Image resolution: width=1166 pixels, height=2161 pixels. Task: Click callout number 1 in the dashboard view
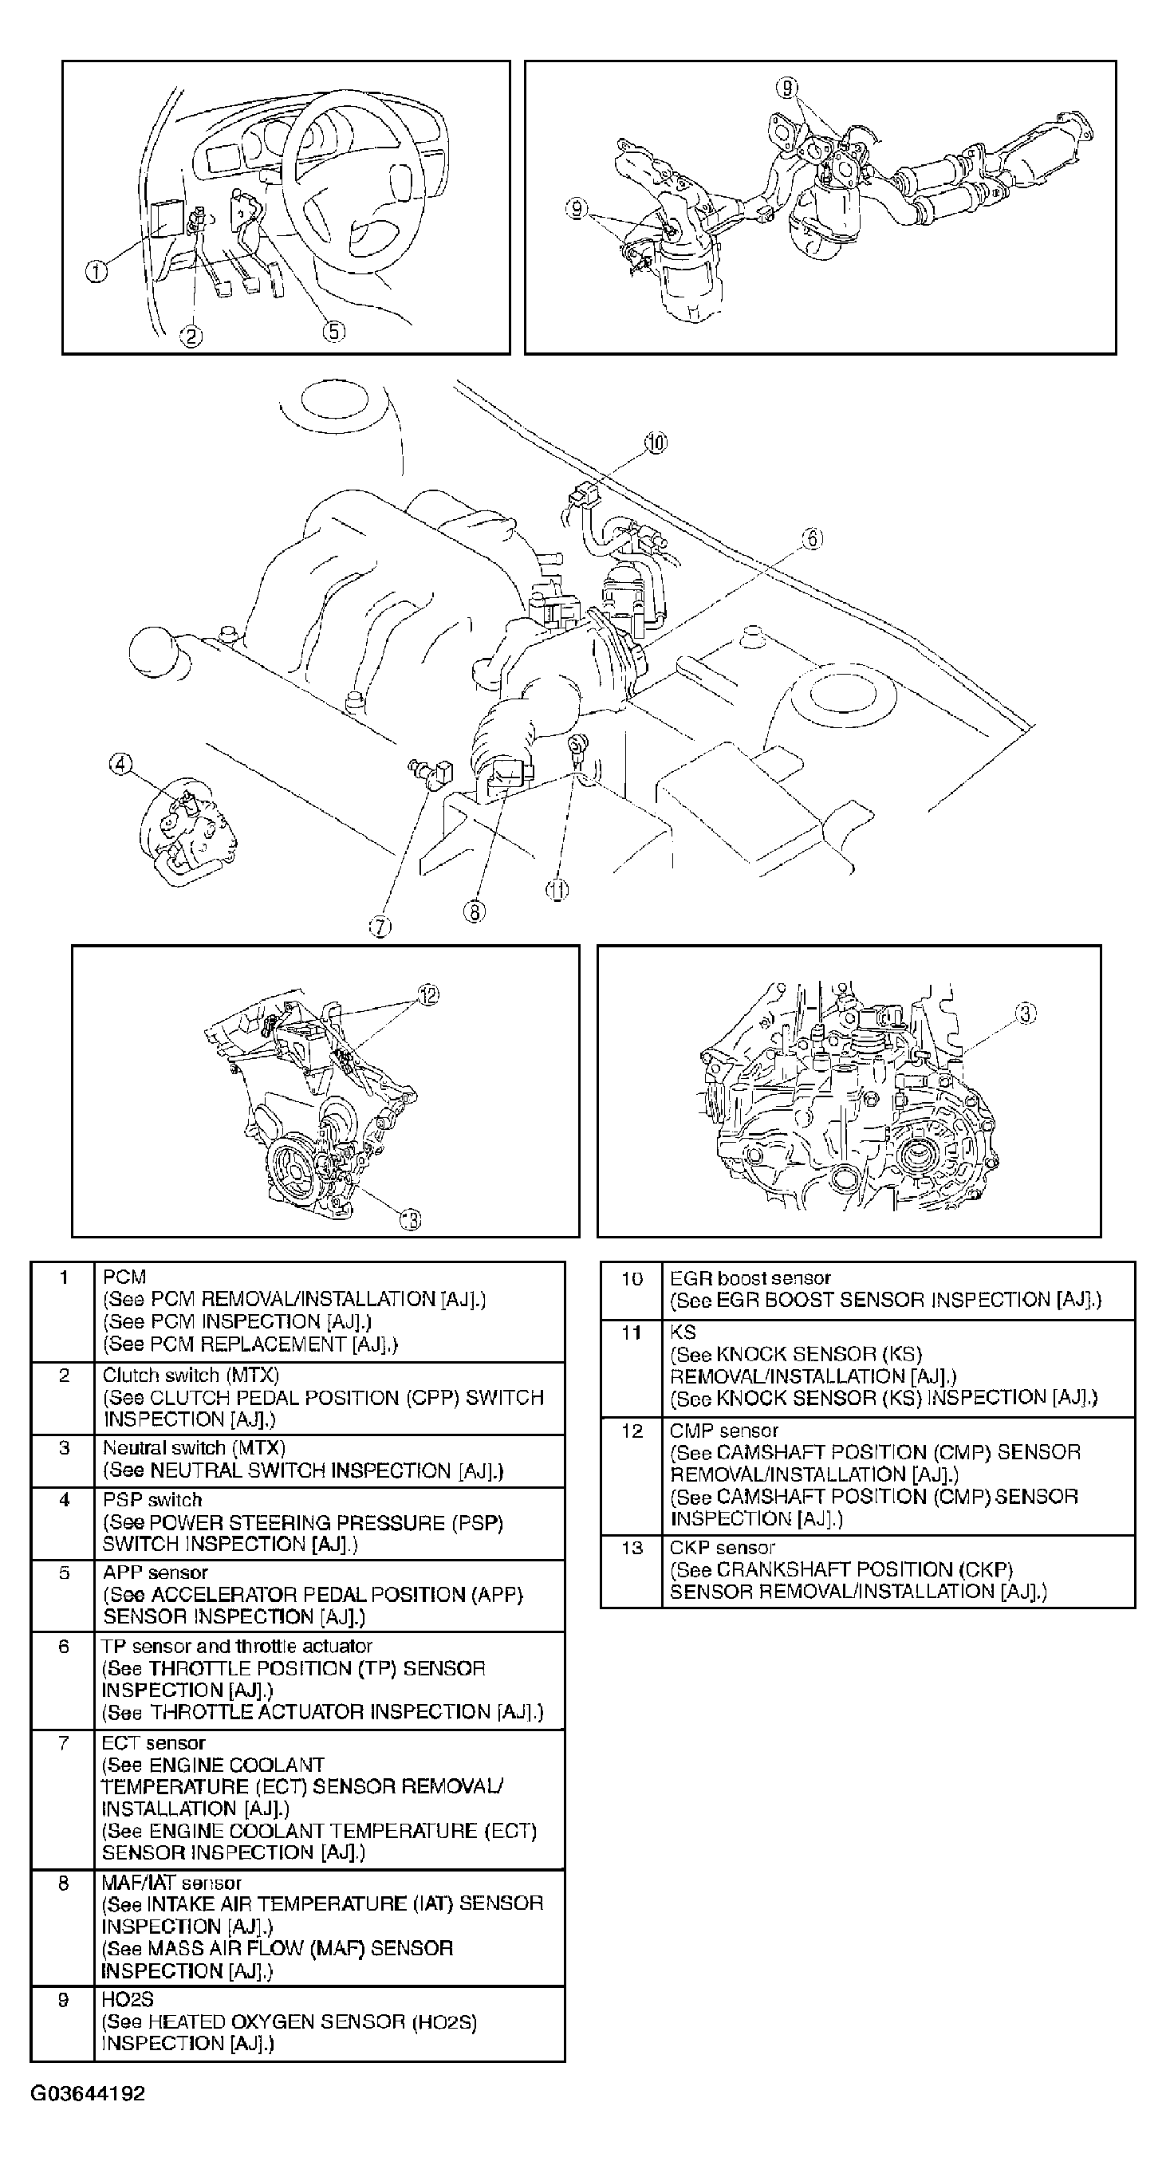97,271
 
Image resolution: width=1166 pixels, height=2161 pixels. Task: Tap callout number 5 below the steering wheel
333,332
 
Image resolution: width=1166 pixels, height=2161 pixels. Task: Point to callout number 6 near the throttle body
812,538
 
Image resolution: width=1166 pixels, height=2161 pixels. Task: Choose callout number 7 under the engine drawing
380,926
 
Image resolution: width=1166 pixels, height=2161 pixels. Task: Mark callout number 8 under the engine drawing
474,911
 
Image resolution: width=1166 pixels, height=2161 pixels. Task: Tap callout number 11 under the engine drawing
557,889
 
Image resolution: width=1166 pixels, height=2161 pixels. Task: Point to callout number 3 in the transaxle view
1026,1014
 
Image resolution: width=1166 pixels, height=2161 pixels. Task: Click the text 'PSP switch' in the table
152,1499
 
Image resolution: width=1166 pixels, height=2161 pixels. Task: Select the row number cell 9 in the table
63,2000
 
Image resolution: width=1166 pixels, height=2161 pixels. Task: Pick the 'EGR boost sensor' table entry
750,1277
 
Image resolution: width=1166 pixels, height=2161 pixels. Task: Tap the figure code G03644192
87,2092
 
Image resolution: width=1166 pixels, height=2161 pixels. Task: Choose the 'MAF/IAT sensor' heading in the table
172,1883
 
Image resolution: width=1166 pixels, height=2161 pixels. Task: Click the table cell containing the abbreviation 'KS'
683,1332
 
